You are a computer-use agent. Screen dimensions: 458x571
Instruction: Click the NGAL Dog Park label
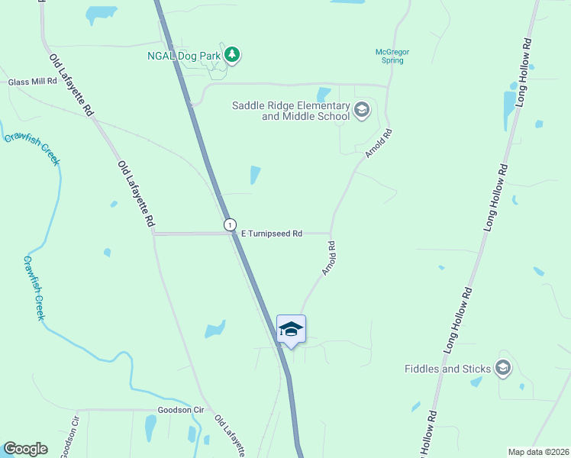point(184,55)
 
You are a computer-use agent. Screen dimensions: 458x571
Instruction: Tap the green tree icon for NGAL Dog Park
point(234,55)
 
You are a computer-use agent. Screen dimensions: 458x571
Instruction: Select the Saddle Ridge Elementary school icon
point(361,111)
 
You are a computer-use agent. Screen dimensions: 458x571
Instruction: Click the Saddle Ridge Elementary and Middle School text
point(291,111)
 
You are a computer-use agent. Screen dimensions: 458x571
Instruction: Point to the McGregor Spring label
point(392,56)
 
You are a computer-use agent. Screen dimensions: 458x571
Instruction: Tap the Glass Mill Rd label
point(33,82)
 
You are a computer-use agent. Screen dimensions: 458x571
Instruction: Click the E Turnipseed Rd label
point(272,234)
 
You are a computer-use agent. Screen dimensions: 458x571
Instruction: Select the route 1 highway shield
point(230,224)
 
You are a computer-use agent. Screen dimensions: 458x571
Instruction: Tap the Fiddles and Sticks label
point(447,369)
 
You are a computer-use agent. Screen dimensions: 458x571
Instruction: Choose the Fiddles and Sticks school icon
point(503,369)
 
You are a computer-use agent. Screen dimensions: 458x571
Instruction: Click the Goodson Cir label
point(181,410)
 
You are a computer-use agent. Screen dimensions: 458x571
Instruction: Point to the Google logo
point(25,449)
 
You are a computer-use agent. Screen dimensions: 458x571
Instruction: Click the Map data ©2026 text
point(538,452)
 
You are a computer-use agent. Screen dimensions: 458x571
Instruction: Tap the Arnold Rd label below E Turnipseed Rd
point(329,259)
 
